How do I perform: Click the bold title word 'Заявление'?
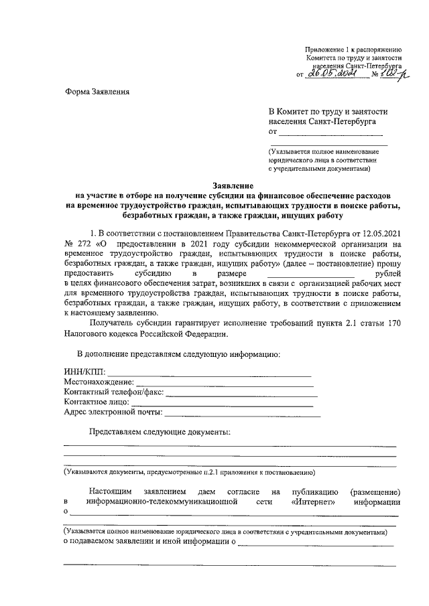click(x=231, y=185)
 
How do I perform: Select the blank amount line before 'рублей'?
click(x=310, y=275)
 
